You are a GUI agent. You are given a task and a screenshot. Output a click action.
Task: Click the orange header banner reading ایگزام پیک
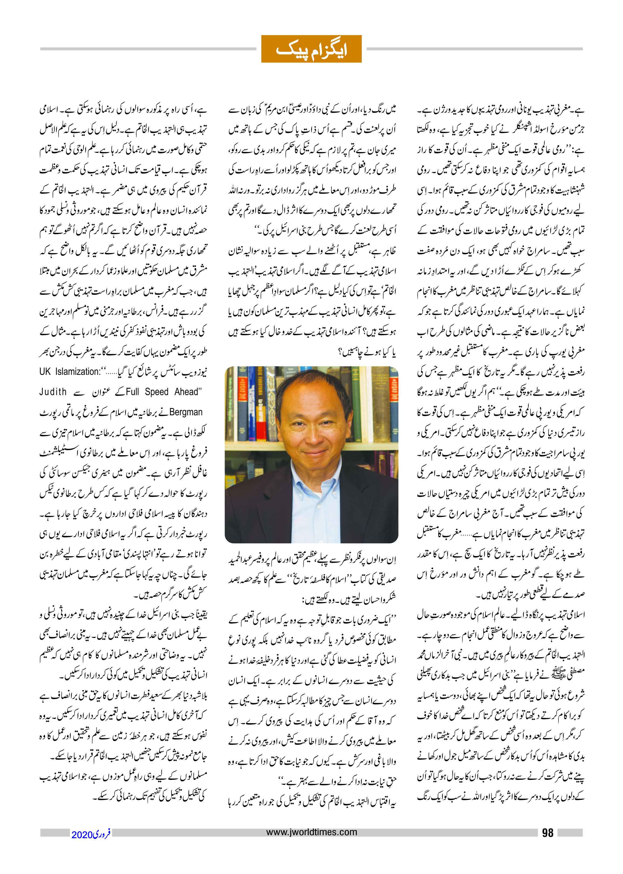click(x=311, y=49)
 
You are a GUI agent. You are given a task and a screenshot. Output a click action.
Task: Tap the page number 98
click(x=548, y=832)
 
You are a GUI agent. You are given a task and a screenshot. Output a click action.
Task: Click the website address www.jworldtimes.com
click(x=311, y=832)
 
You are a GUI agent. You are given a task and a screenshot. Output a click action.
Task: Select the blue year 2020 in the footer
click(x=82, y=834)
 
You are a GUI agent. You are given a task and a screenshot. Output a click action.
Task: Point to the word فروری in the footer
click(x=102, y=834)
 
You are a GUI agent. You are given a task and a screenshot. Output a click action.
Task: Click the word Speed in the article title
click(x=156, y=392)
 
